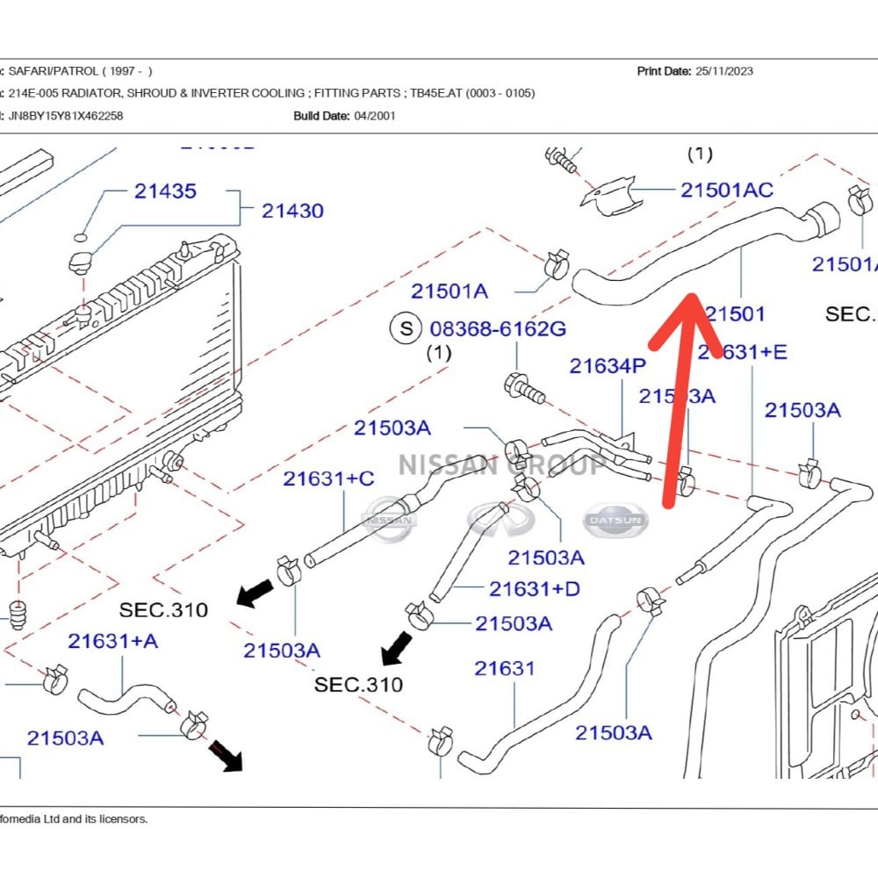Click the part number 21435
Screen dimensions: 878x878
tap(165, 191)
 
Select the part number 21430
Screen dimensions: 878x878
tap(292, 211)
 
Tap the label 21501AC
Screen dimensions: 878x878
tap(727, 190)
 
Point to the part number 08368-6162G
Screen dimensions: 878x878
tap(498, 329)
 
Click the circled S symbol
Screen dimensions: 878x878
tap(406, 329)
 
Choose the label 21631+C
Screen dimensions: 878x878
tap(328, 479)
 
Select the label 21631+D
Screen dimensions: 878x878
tap(535, 588)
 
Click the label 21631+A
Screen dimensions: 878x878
tap(113, 641)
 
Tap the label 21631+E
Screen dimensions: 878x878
tap(743, 352)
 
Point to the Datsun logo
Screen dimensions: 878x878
tap(616, 521)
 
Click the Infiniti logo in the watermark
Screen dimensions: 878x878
tap(500, 520)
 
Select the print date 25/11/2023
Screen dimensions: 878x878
tap(723, 71)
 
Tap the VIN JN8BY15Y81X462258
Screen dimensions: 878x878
tap(66, 115)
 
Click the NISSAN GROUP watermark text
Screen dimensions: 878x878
tap(501, 464)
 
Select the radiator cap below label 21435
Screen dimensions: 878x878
tap(82, 261)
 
